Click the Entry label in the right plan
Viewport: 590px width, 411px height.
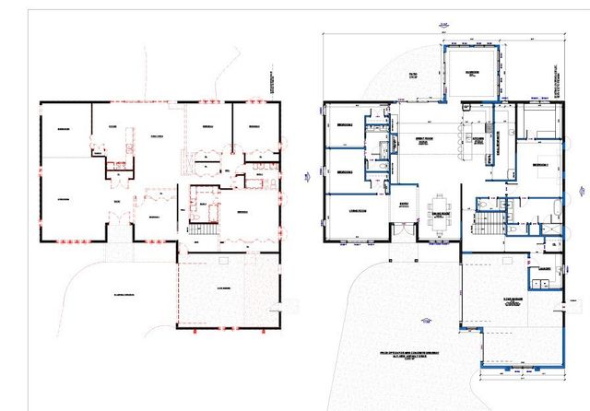pos(403,206)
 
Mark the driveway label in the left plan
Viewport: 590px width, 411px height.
pos(125,294)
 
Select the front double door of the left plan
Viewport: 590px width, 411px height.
pos(118,222)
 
